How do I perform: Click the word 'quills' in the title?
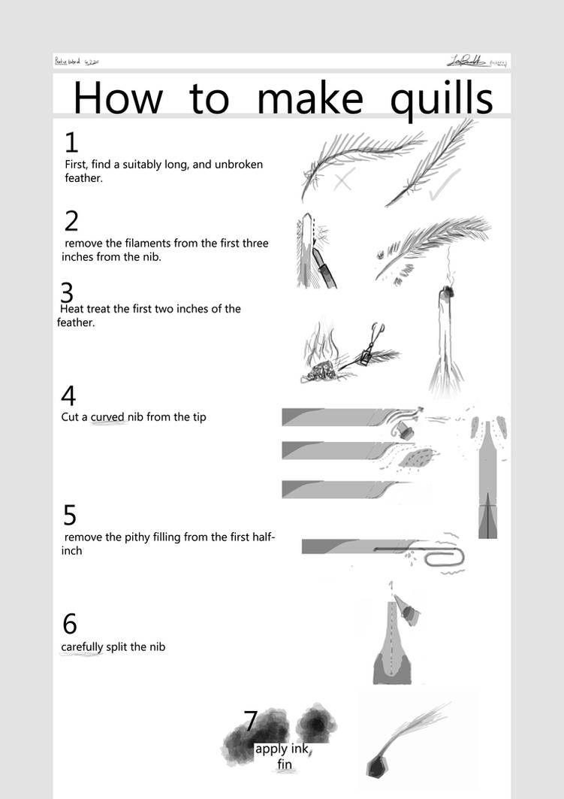pyautogui.click(x=441, y=99)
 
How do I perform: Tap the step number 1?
pyautogui.click(x=71, y=143)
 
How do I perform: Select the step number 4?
pyautogui.click(x=68, y=396)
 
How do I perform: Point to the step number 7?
pyautogui.click(x=252, y=722)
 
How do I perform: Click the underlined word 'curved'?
pyautogui.click(x=107, y=416)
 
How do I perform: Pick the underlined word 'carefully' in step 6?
pyautogui.click(x=82, y=646)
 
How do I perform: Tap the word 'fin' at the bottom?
pyautogui.click(x=284, y=765)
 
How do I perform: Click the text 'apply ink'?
pyautogui.click(x=282, y=749)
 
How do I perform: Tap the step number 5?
pyautogui.click(x=70, y=516)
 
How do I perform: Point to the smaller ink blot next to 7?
pyautogui.click(x=316, y=724)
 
